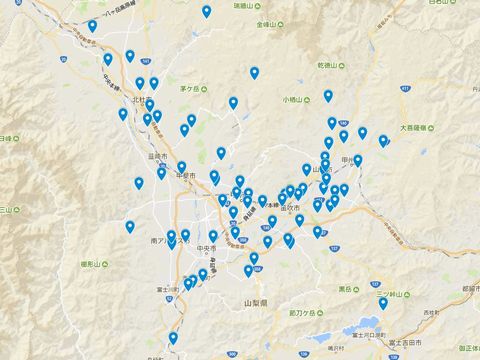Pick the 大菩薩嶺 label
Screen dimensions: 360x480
click(x=421, y=128)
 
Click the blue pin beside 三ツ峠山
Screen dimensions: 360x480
click(x=382, y=304)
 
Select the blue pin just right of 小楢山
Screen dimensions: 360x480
click(x=328, y=97)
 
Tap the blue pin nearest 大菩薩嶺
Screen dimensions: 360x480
click(x=383, y=141)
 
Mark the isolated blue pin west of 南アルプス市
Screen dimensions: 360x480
click(x=130, y=227)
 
